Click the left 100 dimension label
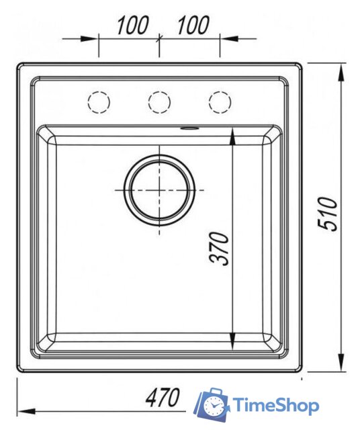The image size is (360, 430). pyautogui.click(x=133, y=25)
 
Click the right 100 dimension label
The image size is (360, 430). pyautogui.click(x=193, y=25)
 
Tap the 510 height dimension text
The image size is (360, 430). pyautogui.click(x=327, y=214)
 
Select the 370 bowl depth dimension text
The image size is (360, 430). pyautogui.click(x=219, y=249)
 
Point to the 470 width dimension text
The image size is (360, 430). pyautogui.click(x=163, y=397)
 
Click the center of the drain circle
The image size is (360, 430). pyautogui.click(x=159, y=190)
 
